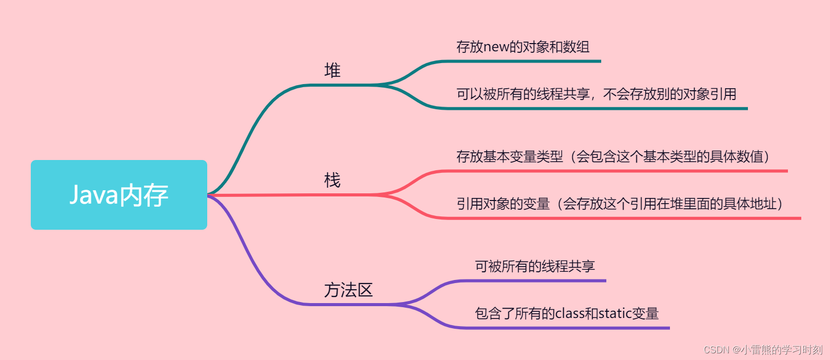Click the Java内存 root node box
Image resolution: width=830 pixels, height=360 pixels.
[x=118, y=195]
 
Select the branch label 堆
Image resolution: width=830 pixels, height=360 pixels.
[x=332, y=70]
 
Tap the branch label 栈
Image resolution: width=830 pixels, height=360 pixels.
[x=332, y=181]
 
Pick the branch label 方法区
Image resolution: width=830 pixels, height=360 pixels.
[x=348, y=290]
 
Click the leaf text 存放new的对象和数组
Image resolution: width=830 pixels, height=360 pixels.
[x=523, y=47]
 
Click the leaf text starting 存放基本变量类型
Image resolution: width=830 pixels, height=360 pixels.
[x=612, y=157]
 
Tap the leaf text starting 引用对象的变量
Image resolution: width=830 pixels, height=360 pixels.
[x=619, y=204]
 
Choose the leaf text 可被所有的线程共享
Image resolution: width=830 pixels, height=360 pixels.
[x=535, y=266]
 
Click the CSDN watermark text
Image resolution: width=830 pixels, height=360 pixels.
[x=763, y=350]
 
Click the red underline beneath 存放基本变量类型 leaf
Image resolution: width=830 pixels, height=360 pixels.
[x=616, y=171]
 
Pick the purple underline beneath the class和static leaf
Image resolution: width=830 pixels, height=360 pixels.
[x=564, y=328]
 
